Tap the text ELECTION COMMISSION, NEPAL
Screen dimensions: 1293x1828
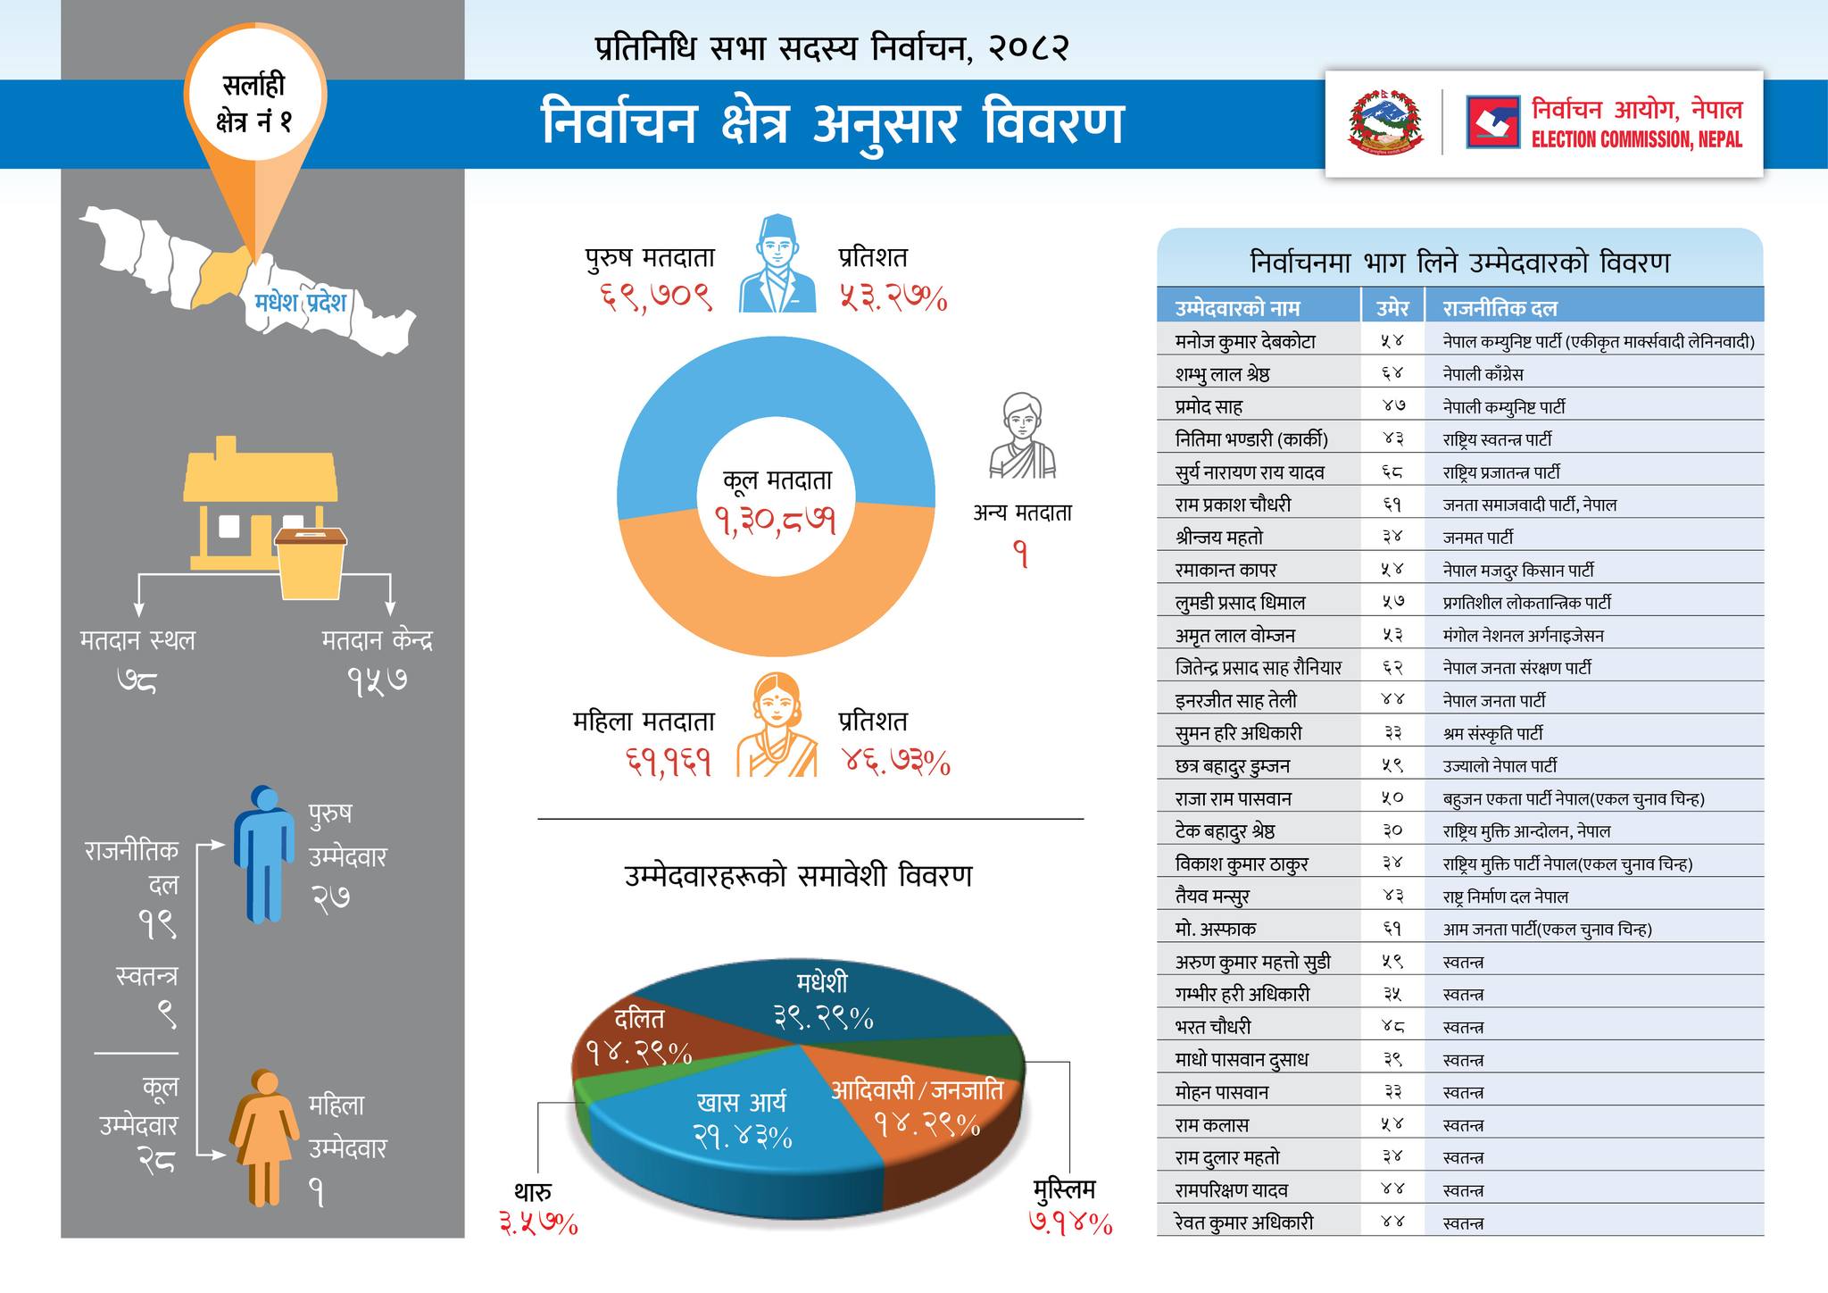pyautogui.click(x=1636, y=139)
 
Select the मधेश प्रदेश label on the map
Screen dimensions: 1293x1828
pyautogui.click(x=300, y=302)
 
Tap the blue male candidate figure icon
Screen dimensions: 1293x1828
pyautogui.click(x=265, y=853)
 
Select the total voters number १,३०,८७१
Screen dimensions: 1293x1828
pyautogui.click(x=776, y=519)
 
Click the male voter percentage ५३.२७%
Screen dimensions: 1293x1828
pyautogui.click(x=892, y=298)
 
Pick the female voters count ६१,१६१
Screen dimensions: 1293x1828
pyautogui.click(x=669, y=763)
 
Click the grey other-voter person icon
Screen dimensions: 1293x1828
pyautogui.click(x=1022, y=436)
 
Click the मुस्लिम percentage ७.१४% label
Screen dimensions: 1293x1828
pyautogui.click(x=1070, y=1222)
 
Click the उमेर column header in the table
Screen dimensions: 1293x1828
pyautogui.click(x=1392, y=308)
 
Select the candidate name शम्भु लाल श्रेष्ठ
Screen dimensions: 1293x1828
pyautogui.click(x=1222, y=374)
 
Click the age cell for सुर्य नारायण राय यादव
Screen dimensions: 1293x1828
pyautogui.click(x=1392, y=471)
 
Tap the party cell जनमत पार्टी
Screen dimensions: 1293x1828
pyautogui.click(x=1477, y=538)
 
